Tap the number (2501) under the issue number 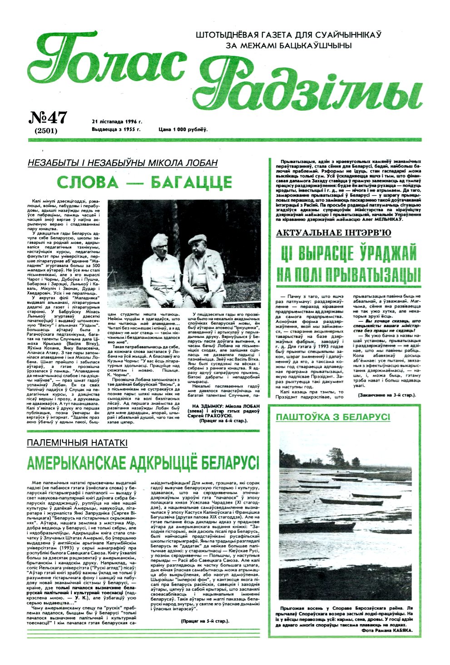point(45,131)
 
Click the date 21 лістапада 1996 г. point(117,122)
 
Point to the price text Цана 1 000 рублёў point(183,129)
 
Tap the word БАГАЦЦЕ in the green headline point(191,183)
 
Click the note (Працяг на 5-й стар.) point(204,620)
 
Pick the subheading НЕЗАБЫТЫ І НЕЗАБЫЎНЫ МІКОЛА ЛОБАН point(123,163)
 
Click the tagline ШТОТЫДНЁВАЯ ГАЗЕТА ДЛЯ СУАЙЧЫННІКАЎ point(288,35)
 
